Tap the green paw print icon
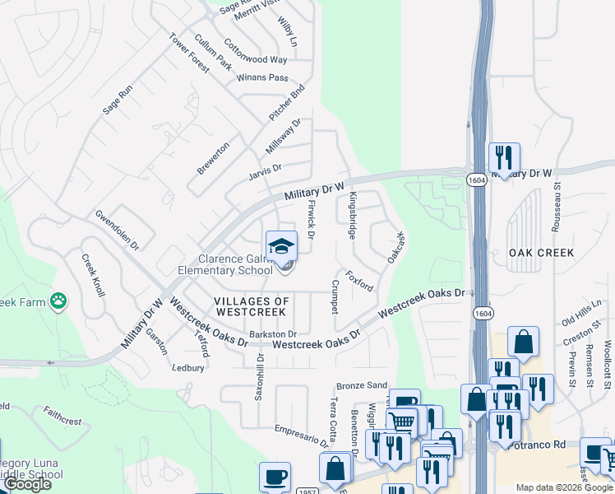[58, 301]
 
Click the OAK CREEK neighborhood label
[541, 253]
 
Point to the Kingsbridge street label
[353, 216]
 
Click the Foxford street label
[359, 281]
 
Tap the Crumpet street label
[335, 296]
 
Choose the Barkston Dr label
[272, 333]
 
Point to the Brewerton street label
[212, 157]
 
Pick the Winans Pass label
[261, 78]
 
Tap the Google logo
[27, 484]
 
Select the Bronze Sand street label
[361, 385]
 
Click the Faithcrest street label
[62, 415]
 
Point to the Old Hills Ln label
[581, 310]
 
